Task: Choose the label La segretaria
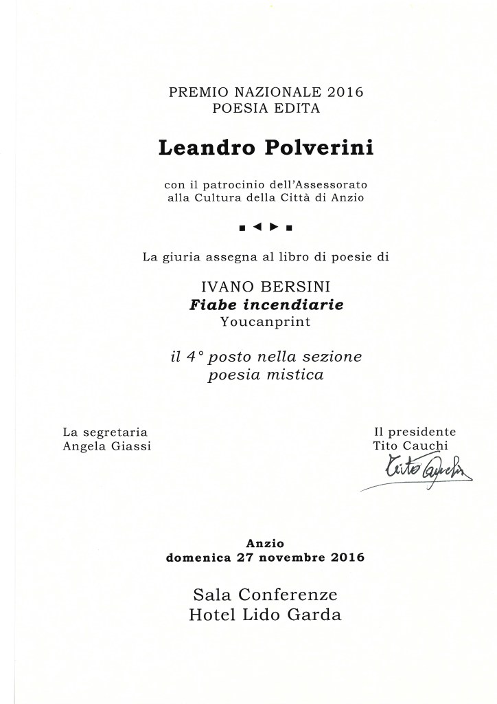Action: (105, 432)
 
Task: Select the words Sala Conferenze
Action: (265, 593)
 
